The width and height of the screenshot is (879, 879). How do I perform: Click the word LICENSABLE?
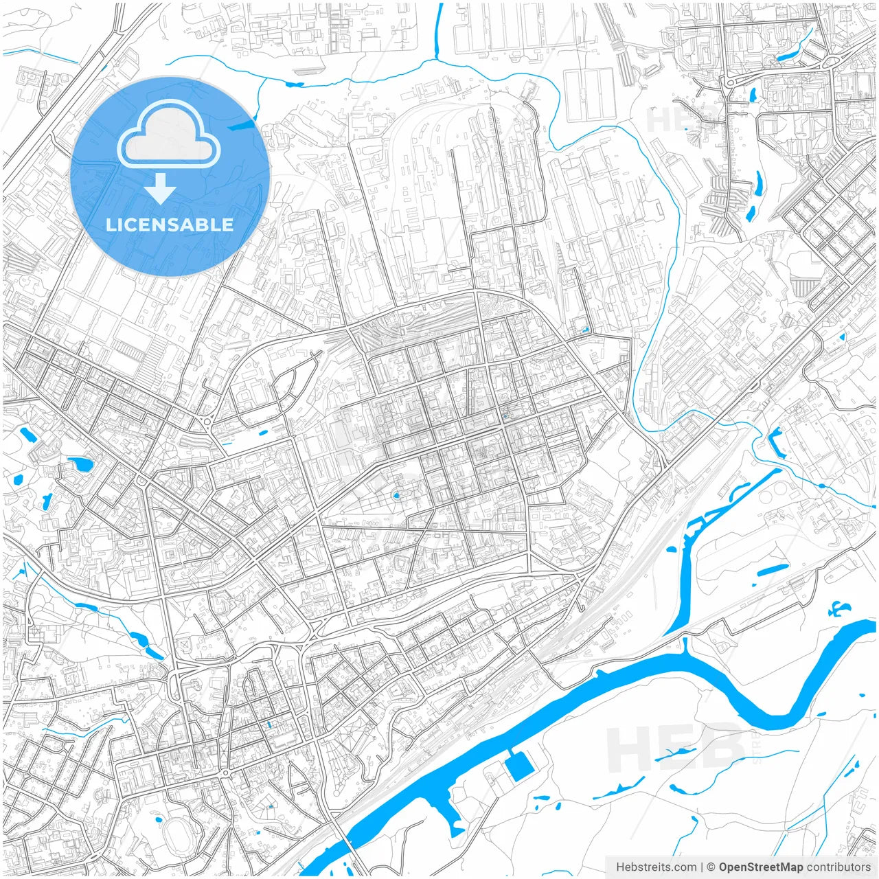170,225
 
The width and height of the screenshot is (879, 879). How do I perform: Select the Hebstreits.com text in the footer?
656,867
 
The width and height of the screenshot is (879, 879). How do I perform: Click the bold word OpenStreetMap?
761,867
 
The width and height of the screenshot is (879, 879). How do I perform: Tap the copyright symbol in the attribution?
711,867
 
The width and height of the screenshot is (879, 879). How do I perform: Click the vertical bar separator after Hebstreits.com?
702,867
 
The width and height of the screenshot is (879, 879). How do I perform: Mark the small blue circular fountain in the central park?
396,495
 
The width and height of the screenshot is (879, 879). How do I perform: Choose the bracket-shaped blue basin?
777,441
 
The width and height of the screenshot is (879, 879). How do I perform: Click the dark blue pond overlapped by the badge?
240,125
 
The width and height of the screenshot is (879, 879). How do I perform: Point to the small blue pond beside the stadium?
159,819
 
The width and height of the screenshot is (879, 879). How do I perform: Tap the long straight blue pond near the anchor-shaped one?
773,569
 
